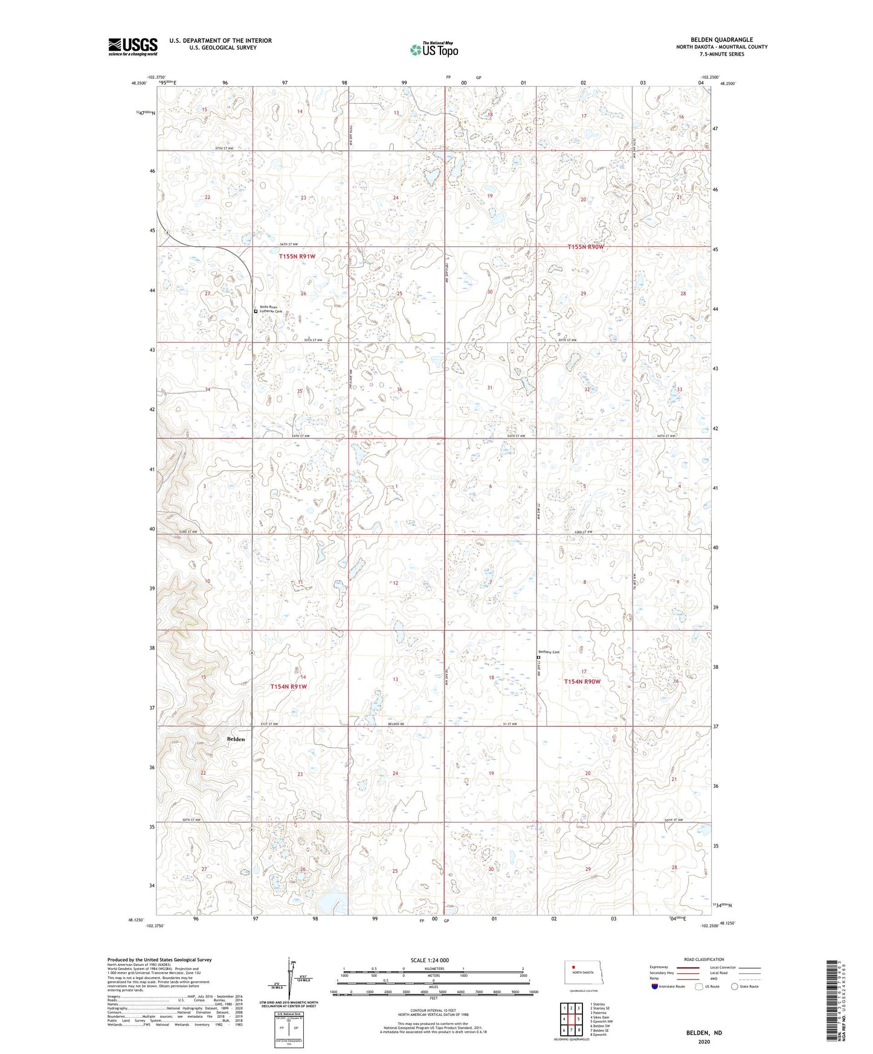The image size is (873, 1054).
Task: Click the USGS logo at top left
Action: coord(132,46)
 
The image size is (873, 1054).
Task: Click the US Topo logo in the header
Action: coord(433,50)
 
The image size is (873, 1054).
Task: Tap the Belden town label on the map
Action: coord(236,739)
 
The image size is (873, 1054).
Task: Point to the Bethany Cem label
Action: coord(549,652)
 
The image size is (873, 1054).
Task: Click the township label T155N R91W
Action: coord(297,257)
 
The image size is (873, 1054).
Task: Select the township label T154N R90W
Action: coord(582,682)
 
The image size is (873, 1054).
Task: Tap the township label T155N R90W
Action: coord(585,247)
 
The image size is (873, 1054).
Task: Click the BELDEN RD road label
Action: coord(395,724)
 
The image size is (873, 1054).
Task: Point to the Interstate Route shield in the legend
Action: coord(655,986)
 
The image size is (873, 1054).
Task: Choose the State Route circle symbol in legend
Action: coord(734,986)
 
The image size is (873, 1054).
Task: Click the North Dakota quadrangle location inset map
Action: coord(582,973)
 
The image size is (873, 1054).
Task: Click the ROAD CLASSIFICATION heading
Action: coord(704,959)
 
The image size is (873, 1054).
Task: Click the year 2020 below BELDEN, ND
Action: coord(704,1042)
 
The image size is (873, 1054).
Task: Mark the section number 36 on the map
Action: coord(399,390)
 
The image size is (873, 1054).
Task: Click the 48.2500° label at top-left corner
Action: coord(138,84)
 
